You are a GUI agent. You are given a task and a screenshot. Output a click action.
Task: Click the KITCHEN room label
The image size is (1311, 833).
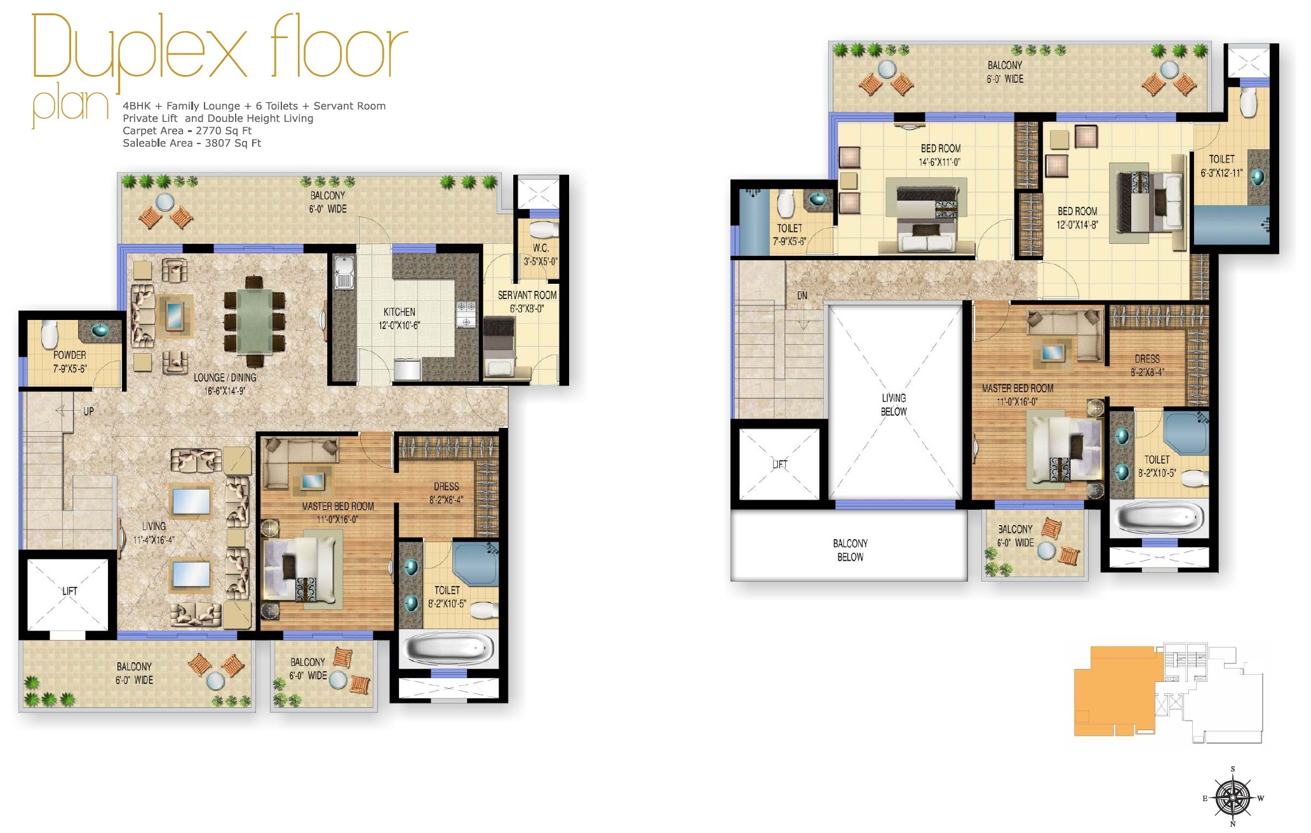pyautogui.click(x=399, y=312)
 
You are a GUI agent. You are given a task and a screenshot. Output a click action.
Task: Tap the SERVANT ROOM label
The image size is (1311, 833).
pyautogui.click(x=527, y=295)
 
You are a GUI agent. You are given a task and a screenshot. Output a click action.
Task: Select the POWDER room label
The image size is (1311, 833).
pyautogui.click(x=69, y=355)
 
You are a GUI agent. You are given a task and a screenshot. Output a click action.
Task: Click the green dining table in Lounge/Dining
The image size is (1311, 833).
pyautogui.click(x=255, y=321)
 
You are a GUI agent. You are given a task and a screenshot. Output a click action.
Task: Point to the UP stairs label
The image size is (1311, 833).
pyautogui.click(x=88, y=411)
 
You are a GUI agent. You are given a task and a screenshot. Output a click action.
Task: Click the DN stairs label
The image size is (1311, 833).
pyautogui.click(x=802, y=296)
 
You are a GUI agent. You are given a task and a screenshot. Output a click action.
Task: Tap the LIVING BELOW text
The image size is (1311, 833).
pyautogui.click(x=894, y=404)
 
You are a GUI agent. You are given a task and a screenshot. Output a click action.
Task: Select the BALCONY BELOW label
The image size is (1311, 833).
pyautogui.click(x=850, y=550)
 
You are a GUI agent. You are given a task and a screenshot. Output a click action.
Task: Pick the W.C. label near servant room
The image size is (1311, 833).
pyautogui.click(x=541, y=248)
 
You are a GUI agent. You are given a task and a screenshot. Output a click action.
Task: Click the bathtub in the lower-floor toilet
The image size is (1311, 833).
pyautogui.click(x=449, y=648)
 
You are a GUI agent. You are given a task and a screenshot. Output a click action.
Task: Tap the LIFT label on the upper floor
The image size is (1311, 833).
pyautogui.click(x=779, y=464)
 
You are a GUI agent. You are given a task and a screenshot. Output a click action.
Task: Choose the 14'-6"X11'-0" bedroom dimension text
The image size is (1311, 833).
pyautogui.click(x=939, y=162)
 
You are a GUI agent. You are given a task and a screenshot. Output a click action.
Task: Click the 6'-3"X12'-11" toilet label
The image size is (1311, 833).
pyautogui.click(x=1221, y=173)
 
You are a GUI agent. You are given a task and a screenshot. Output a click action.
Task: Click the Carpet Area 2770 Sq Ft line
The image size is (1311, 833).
pyautogui.click(x=187, y=131)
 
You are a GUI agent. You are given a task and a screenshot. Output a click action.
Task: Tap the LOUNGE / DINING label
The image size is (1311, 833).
pyautogui.click(x=225, y=377)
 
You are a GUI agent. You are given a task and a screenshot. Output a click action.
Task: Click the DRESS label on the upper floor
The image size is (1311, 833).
pyautogui.click(x=1146, y=359)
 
